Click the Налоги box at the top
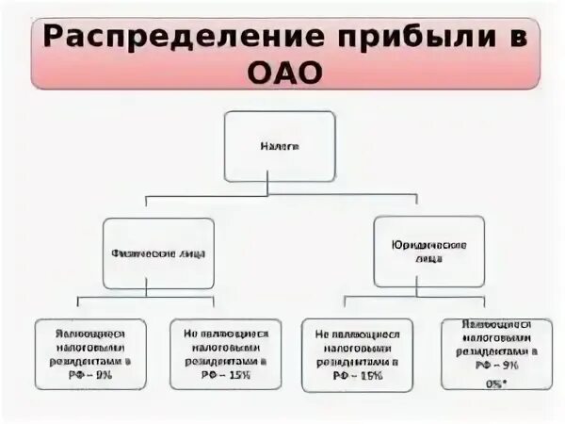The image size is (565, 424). pyautogui.click(x=279, y=146)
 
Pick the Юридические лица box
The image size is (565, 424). pyautogui.click(x=428, y=251)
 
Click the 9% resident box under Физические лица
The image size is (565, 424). pyautogui.click(x=90, y=354)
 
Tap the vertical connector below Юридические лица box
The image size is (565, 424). pyautogui.click(x=428, y=291)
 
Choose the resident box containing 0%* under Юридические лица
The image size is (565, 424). pyautogui.click(x=493, y=353)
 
